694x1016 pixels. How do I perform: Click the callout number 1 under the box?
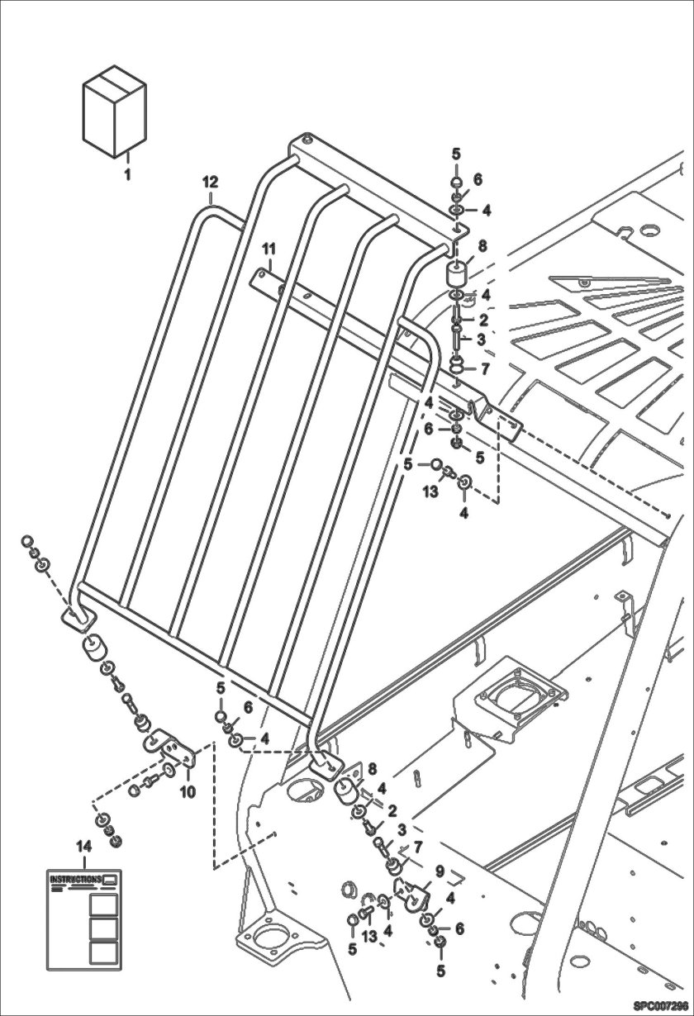coord(127,174)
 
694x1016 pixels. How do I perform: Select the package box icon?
coord(115,113)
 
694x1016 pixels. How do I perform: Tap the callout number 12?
coord(210,181)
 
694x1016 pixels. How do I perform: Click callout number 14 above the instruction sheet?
coord(83,846)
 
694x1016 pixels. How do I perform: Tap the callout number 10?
coord(188,792)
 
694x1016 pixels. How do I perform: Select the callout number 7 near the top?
coord(484,368)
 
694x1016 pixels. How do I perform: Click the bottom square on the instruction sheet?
coord(102,953)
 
